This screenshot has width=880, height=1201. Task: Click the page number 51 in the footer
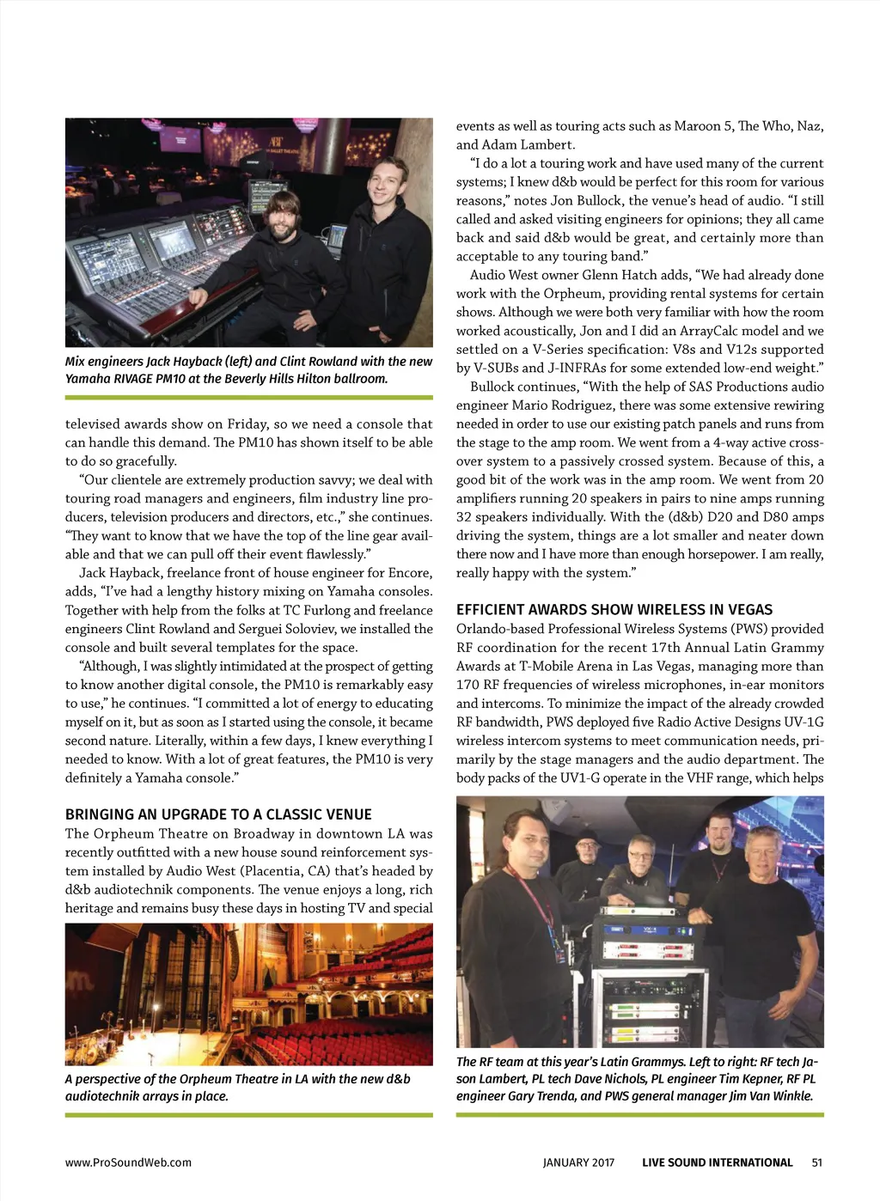[816, 1162]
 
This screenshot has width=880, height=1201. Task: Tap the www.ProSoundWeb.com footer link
[128, 1162]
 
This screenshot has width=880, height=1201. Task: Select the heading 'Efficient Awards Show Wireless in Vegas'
[614, 610]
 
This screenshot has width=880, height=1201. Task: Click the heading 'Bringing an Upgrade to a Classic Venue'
[218, 814]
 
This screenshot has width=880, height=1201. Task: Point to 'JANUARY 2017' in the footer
[578, 1162]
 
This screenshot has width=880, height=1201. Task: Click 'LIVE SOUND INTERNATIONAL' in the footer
[717, 1162]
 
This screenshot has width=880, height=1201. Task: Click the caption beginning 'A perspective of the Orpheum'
[237, 1087]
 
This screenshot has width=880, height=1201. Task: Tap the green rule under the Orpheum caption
[248, 1115]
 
